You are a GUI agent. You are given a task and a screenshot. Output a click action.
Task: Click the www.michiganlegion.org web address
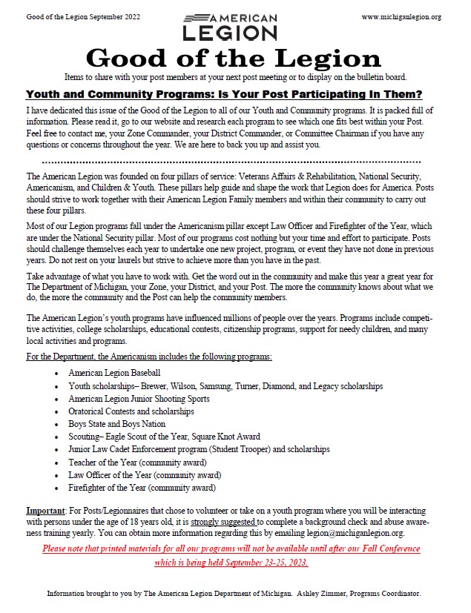[401, 16]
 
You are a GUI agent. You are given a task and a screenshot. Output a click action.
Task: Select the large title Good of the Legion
[234, 58]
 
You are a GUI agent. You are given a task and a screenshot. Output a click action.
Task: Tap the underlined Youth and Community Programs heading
[224, 94]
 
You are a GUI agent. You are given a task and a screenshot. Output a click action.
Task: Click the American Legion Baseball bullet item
[114, 373]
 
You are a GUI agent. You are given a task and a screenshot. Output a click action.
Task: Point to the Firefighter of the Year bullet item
[142, 488]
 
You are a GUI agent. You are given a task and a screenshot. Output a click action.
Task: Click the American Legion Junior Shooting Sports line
[139, 399]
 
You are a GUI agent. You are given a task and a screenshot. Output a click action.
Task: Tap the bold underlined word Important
[45, 512]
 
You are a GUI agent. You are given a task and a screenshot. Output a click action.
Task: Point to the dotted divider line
[231, 161]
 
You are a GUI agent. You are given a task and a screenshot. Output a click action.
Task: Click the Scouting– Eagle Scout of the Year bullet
[164, 437]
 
